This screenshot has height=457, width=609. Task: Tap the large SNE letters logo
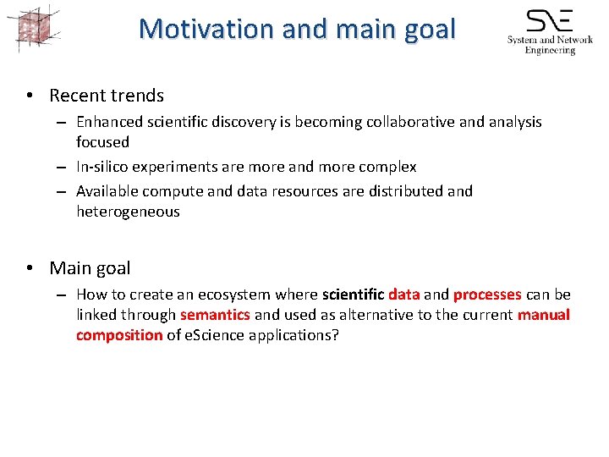pos(549,20)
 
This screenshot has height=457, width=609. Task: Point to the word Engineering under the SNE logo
pos(550,50)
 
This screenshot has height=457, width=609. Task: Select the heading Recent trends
pos(107,96)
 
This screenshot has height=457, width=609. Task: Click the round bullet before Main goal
pos(30,268)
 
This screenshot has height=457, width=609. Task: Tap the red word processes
pos(487,295)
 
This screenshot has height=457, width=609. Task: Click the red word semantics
pos(215,315)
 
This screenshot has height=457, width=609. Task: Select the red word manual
pos(544,315)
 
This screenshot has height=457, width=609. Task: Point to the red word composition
pos(119,335)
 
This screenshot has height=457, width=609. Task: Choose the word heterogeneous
pos(128,212)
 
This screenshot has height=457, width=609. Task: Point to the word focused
pos(102,142)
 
